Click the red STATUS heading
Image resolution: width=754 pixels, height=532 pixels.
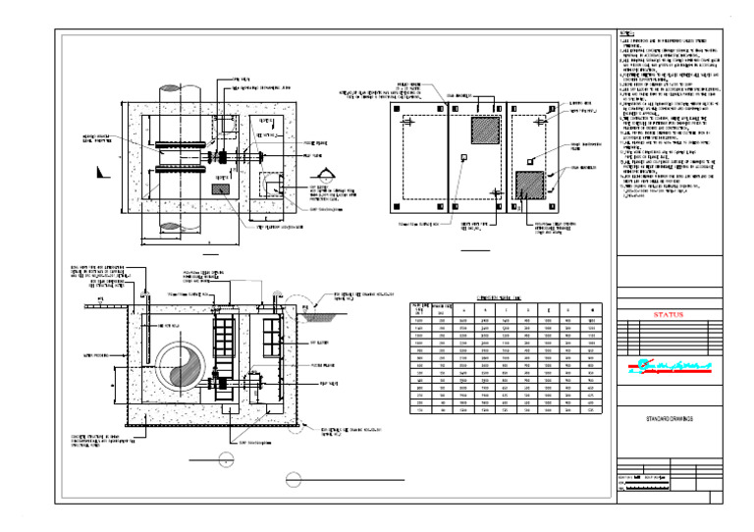pos(669,315)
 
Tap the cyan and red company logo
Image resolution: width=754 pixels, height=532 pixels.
pos(669,370)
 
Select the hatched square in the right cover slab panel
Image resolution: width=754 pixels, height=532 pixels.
pos(530,184)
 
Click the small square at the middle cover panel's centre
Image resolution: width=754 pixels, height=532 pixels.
pos(464,157)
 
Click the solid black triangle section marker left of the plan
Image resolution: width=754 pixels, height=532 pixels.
pos(101,172)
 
